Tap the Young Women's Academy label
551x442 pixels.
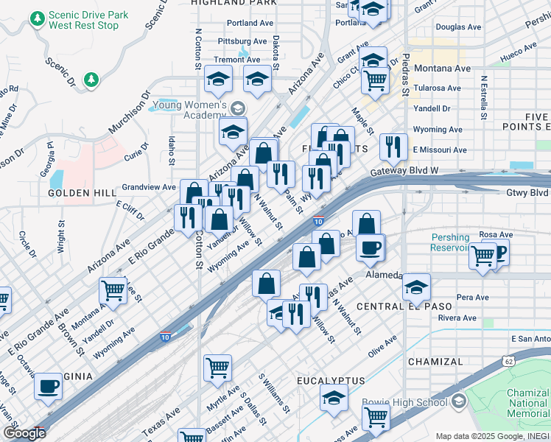194,110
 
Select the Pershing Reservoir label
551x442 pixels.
451,243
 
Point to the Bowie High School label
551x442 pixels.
404,402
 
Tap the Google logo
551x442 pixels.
24,432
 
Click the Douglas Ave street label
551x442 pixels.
458,27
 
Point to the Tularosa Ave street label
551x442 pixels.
437,88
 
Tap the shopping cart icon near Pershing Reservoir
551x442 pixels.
482,256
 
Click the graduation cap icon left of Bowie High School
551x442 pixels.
334,399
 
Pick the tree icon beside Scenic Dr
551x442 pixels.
91,79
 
